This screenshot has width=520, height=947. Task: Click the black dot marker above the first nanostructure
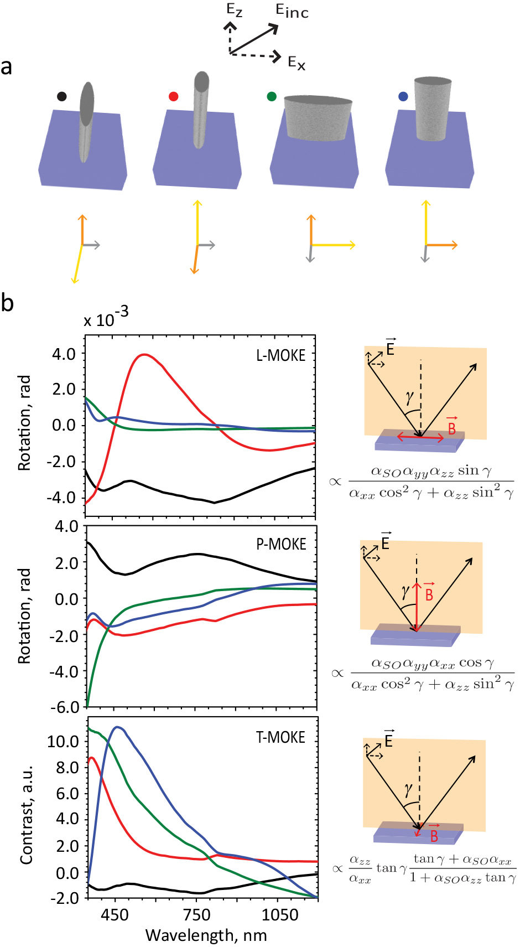pos(62,96)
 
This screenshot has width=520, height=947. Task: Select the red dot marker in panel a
pos(174,96)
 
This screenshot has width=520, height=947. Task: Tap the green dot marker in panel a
pos(272,96)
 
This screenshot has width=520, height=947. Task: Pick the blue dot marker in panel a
pos(403,96)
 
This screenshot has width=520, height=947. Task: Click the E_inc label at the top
pos(292,12)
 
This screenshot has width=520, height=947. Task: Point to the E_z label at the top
pos(235,10)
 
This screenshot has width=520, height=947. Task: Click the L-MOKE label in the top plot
pos(280,355)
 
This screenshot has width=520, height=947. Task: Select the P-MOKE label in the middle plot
pos(281,545)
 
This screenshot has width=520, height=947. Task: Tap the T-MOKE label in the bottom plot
pos(280,738)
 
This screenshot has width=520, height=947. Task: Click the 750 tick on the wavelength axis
pos(197,915)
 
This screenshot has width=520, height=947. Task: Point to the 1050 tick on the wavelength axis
pos(279,915)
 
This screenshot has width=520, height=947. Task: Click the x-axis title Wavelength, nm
pos(206,935)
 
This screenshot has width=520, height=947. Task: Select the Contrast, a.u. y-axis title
pos(26,814)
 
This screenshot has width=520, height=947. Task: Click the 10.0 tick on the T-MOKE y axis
pos(63,741)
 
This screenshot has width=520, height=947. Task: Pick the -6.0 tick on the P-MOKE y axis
pos(65,707)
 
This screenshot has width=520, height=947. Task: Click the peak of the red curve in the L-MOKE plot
pos(144,354)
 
